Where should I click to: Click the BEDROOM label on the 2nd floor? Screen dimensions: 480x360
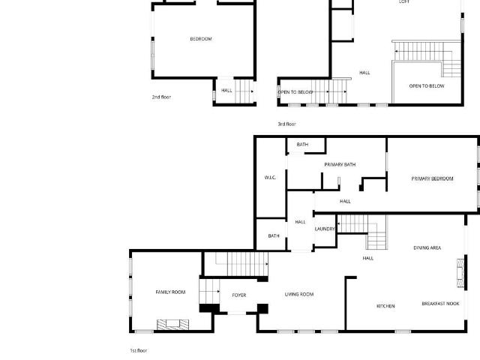201,39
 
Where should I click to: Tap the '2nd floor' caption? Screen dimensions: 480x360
161,97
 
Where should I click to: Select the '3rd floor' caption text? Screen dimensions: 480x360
286,124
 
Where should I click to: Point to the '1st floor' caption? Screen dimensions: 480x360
138,350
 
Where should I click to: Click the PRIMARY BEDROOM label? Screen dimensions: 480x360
432,178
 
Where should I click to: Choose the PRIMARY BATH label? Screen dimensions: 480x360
340,164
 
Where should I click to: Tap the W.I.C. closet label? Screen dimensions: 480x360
270,178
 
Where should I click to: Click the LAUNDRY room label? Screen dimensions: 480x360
325,229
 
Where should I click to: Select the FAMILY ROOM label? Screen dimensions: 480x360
170,292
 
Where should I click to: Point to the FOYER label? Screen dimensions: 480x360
239,295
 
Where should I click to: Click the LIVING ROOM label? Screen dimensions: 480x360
299,294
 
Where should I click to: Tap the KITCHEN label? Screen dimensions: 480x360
385,306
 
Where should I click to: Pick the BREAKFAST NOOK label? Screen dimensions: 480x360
440,303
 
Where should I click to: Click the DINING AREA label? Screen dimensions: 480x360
427,247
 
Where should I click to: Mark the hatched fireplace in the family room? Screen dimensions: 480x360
173,325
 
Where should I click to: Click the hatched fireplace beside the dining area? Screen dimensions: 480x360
460,273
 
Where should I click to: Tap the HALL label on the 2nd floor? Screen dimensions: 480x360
226,90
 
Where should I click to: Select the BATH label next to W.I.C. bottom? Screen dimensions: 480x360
274,235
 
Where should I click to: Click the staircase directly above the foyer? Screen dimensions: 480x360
241,263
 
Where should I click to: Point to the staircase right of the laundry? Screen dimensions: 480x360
362,232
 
